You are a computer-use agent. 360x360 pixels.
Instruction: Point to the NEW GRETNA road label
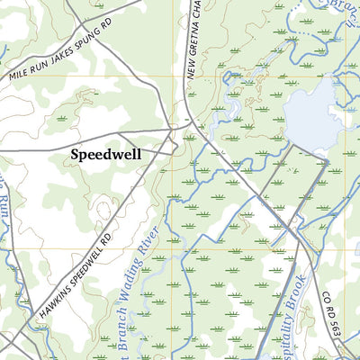192,45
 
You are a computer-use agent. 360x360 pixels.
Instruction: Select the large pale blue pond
315,112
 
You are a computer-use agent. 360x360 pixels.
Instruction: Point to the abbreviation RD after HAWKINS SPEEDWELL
110,236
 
